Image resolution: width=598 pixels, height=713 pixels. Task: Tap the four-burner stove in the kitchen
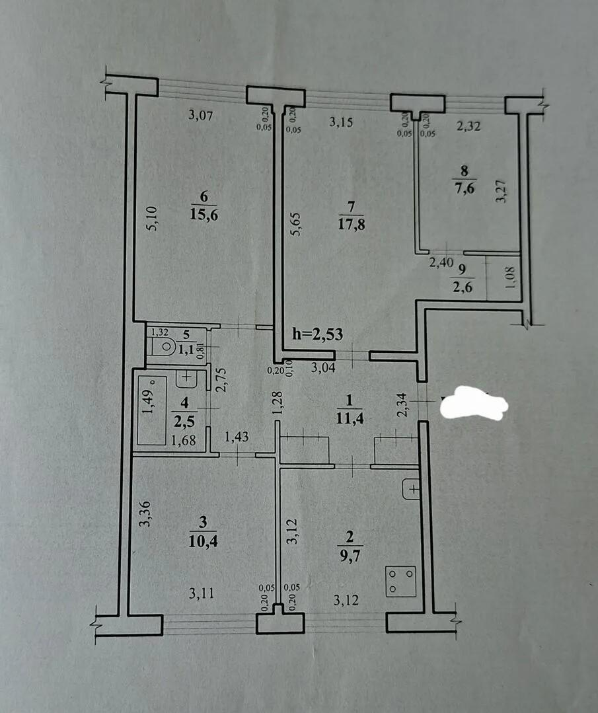click(400, 581)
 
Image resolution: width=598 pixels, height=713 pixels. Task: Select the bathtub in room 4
click(152, 410)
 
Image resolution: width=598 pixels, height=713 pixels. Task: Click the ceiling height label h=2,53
click(317, 334)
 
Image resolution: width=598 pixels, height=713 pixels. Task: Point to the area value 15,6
click(204, 214)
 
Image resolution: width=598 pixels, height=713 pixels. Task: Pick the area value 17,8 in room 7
click(351, 224)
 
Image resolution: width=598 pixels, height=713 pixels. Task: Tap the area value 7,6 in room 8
click(465, 188)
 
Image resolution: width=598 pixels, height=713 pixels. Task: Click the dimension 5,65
click(295, 224)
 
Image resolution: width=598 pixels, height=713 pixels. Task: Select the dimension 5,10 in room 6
click(153, 218)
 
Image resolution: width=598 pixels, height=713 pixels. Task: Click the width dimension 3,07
click(201, 115)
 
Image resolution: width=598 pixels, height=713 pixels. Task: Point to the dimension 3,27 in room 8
click(501, 191)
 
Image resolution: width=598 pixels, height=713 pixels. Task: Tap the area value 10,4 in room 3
click(202, 541)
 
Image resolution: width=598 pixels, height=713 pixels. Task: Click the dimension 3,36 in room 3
click(145, 514)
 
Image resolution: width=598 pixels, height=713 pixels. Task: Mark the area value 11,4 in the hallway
click(350, 417)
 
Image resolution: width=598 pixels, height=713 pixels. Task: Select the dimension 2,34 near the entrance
click(402, 404)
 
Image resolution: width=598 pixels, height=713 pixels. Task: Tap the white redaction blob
click(474, 402)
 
